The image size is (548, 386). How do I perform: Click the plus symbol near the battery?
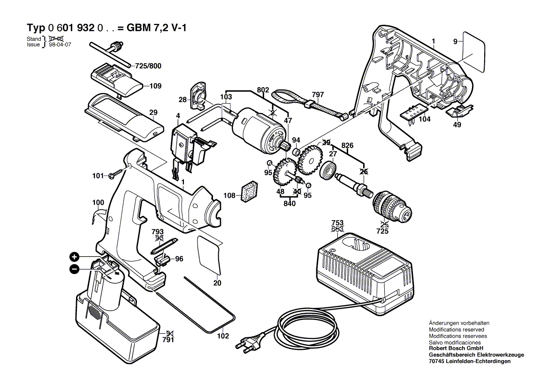click(x=74, y=256)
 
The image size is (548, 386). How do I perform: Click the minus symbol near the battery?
click(x=74, y=269)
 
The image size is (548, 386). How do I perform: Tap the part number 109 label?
click(x=155, y=86)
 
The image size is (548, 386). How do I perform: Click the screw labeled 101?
click(x=114, y=176)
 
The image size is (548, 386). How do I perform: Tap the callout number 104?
click(x=425, y=119)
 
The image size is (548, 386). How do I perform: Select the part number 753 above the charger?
click(x=337, y=223)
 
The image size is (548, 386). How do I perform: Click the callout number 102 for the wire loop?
click(x=223, y=336)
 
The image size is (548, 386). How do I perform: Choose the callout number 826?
click(x=348, y=145)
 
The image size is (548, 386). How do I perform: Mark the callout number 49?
click(x=457, y=125)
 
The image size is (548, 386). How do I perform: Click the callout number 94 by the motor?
click(x=296, y=140)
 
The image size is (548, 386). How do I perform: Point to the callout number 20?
click(x=217, y=282)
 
